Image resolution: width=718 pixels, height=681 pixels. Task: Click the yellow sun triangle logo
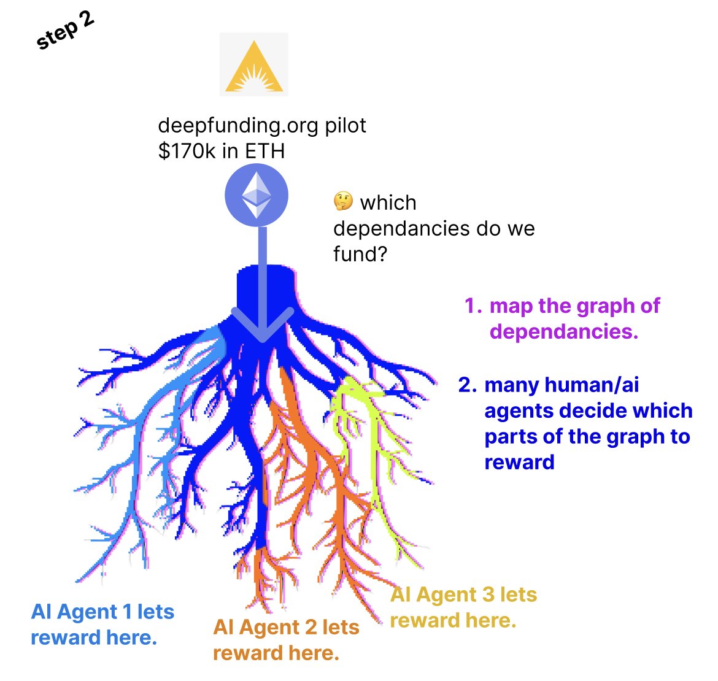click(x=253, y=64)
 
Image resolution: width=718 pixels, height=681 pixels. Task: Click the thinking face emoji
click(x=342, y=201)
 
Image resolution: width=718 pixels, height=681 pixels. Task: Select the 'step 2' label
click(x=65, y=30)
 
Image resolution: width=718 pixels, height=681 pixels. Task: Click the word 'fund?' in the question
click(x=360, y=254)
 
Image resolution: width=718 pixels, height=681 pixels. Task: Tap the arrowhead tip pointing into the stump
click(x=263, y=336)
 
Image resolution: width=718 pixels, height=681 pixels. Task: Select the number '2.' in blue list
click(x=468, y=385)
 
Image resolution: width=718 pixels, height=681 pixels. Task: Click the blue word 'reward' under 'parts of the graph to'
click(x=519, y=462)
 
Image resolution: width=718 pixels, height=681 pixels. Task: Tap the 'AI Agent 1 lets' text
click(x=102, y=612)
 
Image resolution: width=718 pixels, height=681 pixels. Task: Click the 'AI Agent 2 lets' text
click(x=286, y=628)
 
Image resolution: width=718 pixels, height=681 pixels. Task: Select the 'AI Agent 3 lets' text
click(x=463, y=594)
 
